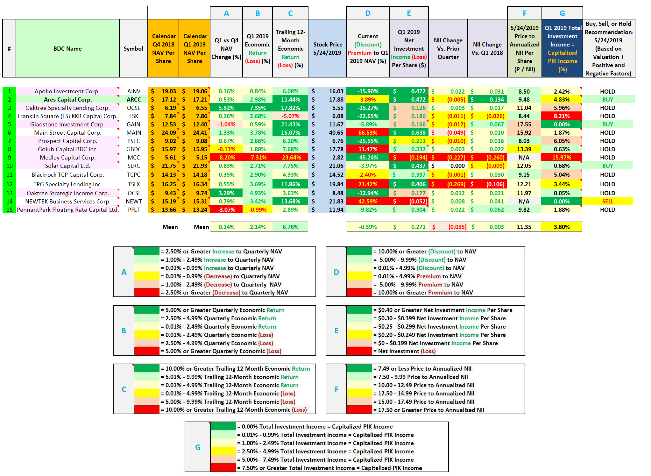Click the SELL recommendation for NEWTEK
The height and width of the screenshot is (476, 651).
pyautogui.click(x=607, y=202)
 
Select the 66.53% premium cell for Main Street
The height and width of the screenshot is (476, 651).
pyautogui.click(x=368, y=133)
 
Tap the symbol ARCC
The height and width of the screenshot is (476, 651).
pyautogui.click(x=134, y=100)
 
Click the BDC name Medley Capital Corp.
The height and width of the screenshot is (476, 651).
pyautogui.click(x=67, y=158)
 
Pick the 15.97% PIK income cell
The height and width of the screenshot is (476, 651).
pyautogui.click(x=562, y=158)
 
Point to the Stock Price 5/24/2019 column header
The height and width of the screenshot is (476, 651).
pyautogui.click(x=327, y=48)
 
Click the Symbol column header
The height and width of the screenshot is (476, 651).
pyautogui.click(x=133, y=48)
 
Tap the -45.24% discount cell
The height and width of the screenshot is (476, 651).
pyautogui.click(x=368, y=158)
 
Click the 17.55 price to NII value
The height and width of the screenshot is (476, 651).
pyautogui.click(x=524, y=124)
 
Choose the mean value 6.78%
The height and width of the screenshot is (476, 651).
pyautogui.click(x=290, y=227)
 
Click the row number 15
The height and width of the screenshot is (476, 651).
pyautogui.click(x=10, y=210)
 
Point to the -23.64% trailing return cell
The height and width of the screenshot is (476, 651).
pyautogui.click(x=290, y=158)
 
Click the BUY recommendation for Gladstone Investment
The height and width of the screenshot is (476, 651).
pyautogui.click(x=607, y=124)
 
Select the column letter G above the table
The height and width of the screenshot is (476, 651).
pyautogui.click(x=562, y=13)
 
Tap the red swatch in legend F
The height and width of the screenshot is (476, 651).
pyautogui.click(x=359, y=410)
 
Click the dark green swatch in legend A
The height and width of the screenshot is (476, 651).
pyautogui.click(x=147, y=251)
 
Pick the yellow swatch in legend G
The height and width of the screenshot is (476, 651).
pyautogui.click(x=223, y=451)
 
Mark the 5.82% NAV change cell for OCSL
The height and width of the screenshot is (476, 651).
pyautogui.click(x=226, y=108)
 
